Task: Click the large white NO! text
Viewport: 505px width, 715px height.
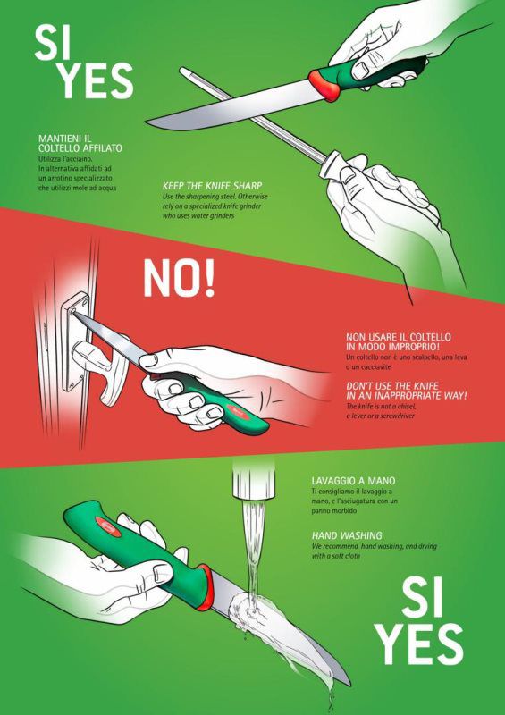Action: pos(179,278)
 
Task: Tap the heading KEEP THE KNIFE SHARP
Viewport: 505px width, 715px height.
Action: pos(212,186)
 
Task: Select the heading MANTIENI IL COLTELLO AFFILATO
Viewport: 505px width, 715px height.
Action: pos(80,143)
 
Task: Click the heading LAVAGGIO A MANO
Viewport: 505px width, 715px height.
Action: pos(354,481)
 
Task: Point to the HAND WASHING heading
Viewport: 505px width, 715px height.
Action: pos(347,535)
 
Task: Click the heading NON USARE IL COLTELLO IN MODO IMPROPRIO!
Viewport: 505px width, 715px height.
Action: pos(399,341)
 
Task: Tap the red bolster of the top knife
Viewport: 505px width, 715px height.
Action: pos(324,85)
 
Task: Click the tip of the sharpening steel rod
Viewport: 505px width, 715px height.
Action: pos(182,71)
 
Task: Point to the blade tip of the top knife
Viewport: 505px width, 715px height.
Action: pos(147,122)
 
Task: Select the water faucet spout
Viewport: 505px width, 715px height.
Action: pos(254,479)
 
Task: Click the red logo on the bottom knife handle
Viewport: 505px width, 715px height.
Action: pos(108,526)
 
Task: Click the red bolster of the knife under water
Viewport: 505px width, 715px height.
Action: pos(206,587)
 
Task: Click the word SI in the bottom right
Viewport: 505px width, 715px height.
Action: pos(422,598)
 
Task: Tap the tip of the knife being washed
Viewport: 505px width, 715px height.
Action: pos(349,684)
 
